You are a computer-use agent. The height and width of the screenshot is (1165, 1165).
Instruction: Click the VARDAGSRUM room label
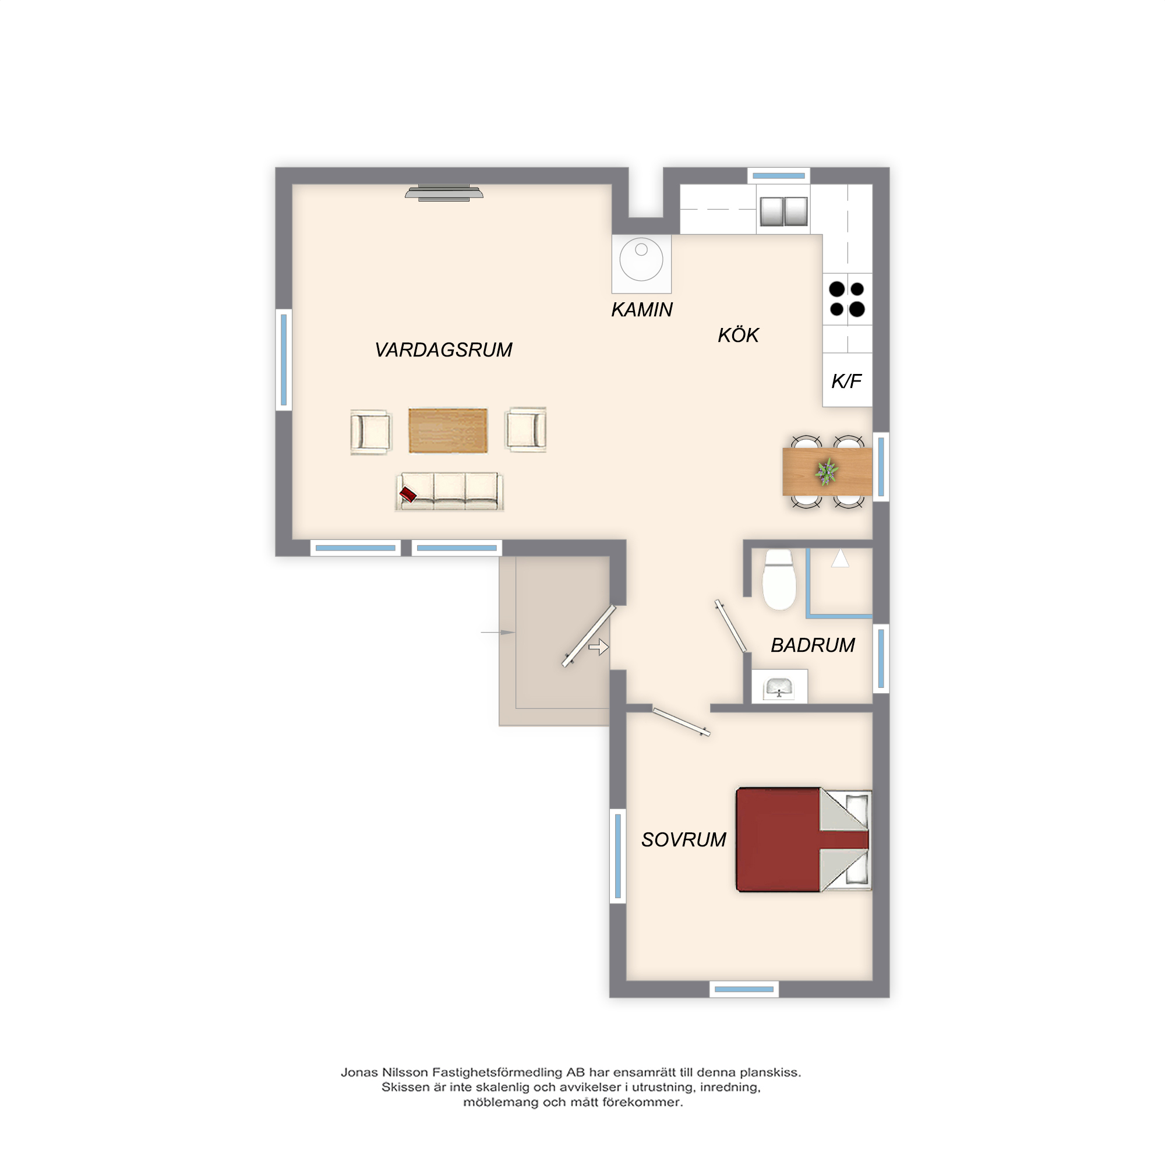pos(443,349)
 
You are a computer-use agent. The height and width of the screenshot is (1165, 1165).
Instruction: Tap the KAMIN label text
pos(641,309)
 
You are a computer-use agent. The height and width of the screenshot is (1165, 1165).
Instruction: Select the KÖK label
pos(738,335)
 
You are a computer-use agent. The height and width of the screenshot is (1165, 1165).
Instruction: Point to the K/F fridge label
pos(846,381)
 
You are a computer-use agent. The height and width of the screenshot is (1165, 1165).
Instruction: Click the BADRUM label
pos(813,645)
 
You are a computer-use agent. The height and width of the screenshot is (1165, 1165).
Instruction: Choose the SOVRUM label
pos(684,839)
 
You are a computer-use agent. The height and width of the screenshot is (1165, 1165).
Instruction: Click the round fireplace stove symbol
pos(641,260)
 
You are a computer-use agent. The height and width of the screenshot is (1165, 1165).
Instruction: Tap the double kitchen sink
pos(783,211)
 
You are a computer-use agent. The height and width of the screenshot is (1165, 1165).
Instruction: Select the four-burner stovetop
pos(846,299)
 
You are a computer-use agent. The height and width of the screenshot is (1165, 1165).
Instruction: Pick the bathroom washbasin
pos(778,687)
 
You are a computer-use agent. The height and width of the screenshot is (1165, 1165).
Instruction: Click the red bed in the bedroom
pos(804,839)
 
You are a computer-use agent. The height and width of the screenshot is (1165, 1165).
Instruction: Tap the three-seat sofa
pos(449,492)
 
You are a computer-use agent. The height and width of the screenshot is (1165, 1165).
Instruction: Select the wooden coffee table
pos(448,430)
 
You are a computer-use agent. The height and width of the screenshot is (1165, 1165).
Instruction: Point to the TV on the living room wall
pos(444,192)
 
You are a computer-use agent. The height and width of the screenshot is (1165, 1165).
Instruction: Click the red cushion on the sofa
pos(408,495)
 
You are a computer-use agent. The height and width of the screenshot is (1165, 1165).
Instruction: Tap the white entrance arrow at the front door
pos(599,647)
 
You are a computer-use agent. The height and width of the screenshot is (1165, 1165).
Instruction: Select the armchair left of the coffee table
pos(371,432)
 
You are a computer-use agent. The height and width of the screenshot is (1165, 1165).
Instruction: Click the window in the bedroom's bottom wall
pos(744,989)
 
